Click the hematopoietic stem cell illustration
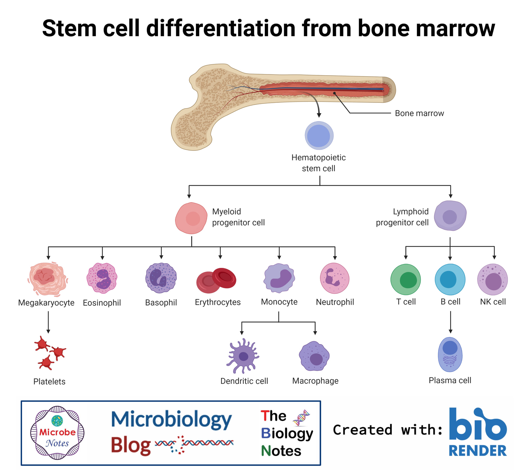point(319,135)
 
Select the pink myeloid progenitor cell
point(191,218)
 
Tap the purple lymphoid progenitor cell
point(450,216)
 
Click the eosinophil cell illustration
point(102,278)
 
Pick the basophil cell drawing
point(161,278)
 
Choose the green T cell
point(406,279)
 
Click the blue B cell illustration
point(450,279)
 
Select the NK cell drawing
point(492,279)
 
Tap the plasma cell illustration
point(450,354)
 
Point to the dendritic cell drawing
point(243,356)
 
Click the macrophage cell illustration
point(314,356)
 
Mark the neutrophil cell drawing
point(335,278)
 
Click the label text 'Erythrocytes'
point(218,302)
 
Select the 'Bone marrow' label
point(419,113)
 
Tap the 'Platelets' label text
point(49,381)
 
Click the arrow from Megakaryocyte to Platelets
point(48,322)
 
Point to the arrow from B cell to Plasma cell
point(450,322)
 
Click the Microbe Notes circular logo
point(57,432)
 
